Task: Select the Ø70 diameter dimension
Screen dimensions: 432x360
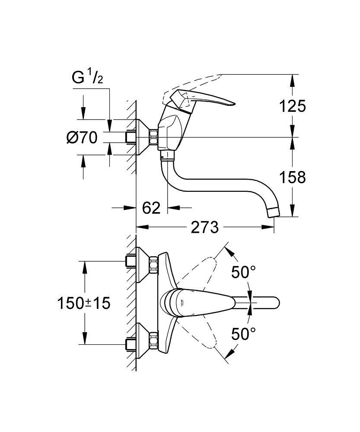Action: (x=82, y=138)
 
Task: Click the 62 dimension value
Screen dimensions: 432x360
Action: (x=151, y=208)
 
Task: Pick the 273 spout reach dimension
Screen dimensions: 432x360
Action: (x=205, y=227)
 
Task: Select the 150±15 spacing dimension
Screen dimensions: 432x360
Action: (x=84, y=303)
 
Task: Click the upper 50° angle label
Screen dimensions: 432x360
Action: (x=243, y=272)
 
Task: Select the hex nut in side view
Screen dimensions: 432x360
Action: (x=153, y=137)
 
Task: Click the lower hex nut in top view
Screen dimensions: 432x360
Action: (x=153, y=340)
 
